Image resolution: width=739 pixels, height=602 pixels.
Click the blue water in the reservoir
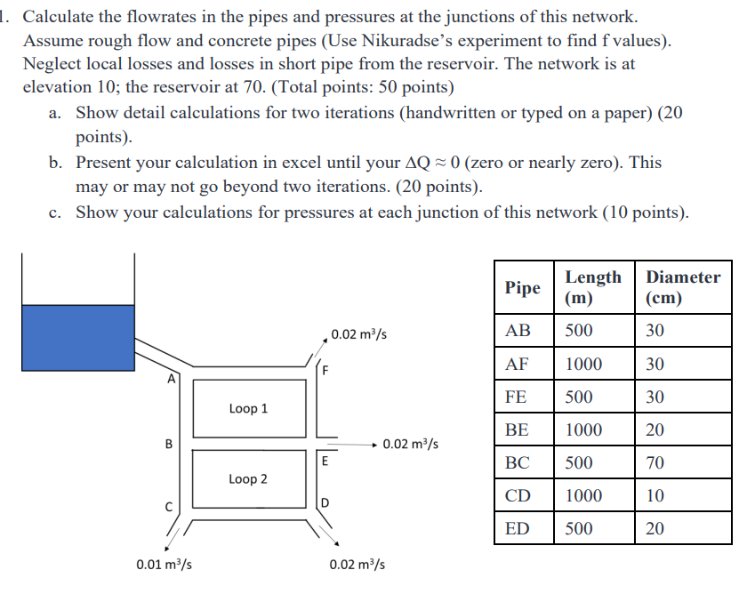tap(77, 337)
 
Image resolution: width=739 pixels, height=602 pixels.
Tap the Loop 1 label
tap(248, 408)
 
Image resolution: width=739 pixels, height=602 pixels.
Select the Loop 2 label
tap(248, 478)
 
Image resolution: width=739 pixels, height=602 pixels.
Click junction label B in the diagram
tap(168, 445)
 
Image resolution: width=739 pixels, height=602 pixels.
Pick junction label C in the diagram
tap(166, 508)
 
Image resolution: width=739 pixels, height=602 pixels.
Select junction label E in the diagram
tap(325, 461)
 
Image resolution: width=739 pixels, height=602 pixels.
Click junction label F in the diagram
tap(325, 370)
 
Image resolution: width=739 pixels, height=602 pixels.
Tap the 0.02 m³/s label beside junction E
tap(410, 444)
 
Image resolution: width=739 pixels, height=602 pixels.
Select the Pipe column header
tap(523, 287)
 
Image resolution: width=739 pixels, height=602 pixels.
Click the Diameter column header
tap(683, 287)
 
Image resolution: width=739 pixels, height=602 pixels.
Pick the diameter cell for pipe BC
tap(655, 462)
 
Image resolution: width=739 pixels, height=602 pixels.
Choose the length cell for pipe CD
tap(583, 495)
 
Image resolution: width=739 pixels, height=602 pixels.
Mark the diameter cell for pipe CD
tap(655, 495)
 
